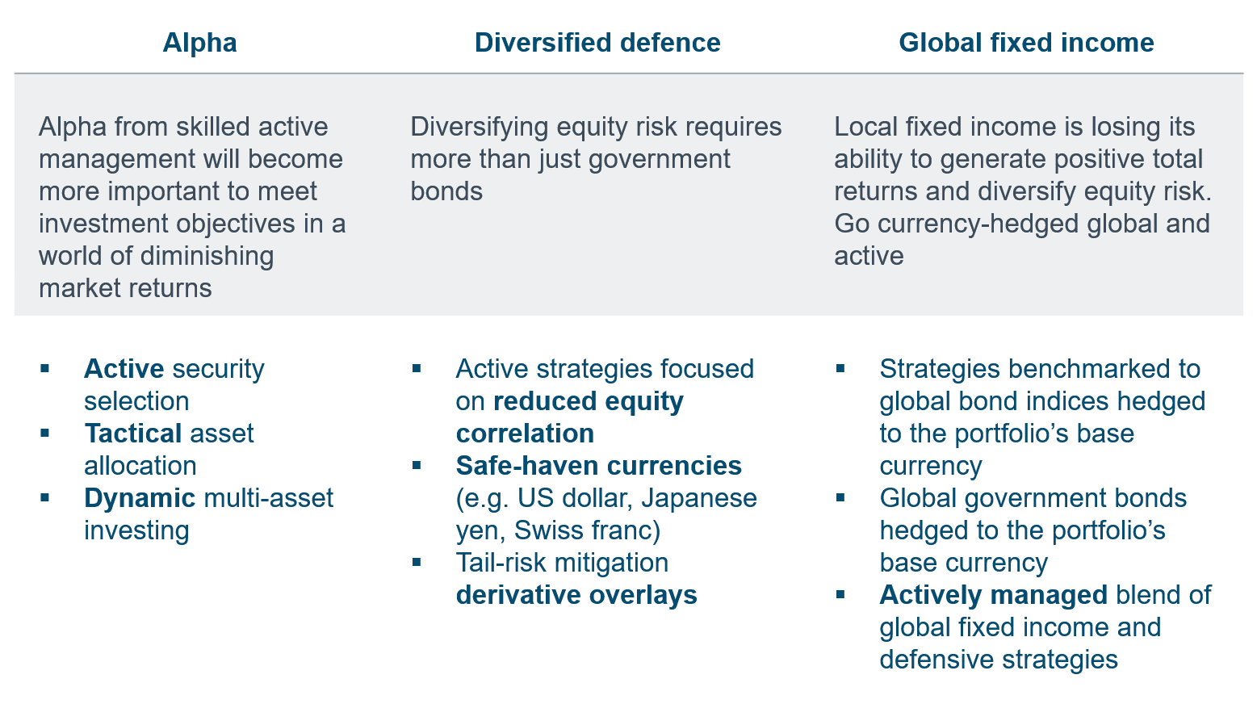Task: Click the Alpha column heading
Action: click(x=199, y=43)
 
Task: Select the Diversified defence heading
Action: click(x=597, y=43)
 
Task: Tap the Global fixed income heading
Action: click(x=1026, y=43)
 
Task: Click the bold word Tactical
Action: click(x=133, y=433)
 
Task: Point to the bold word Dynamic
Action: click(x=140, y=498)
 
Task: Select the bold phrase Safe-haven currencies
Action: click(x=599, y=466)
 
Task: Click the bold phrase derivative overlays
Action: click(x=576, y=595)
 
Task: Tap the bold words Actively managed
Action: click(x=993, y=595)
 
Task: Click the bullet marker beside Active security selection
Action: click(x=45, y=368)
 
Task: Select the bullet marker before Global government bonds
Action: click(x=840, y=497)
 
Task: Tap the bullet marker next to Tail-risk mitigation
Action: click(x=417, y=562)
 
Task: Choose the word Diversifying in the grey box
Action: click(x=480, y=127)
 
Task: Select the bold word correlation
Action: click(x=526, y=433)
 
